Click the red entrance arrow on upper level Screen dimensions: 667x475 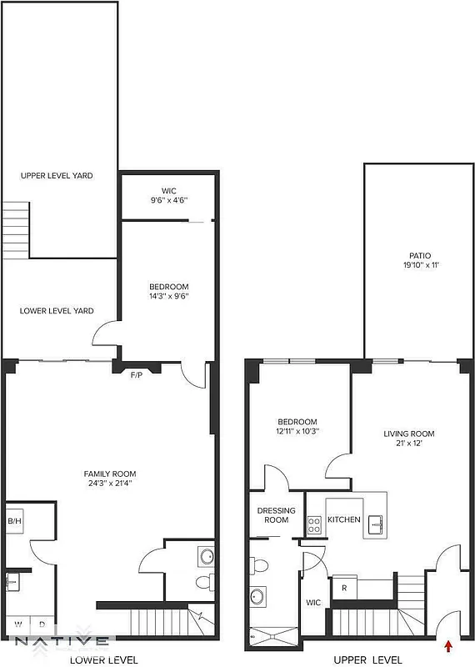449,644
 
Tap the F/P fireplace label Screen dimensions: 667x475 134,376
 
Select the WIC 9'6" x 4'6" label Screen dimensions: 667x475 169,195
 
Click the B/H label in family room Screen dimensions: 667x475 14,521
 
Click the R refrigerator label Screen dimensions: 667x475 344,587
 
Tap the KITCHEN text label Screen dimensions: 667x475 343,519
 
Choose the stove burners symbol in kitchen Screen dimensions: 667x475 315,525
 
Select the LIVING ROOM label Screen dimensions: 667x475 408,434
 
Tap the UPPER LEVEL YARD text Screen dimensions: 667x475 57,176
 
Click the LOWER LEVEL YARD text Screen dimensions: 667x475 57,311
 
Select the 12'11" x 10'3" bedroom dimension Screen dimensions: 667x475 297,431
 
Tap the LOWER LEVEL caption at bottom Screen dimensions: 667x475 98,659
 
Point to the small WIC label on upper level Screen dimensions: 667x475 313,602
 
